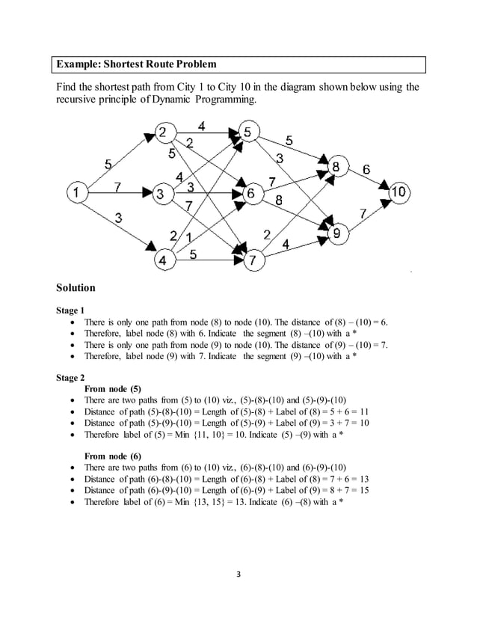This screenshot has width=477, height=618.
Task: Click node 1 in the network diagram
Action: [x=76, y=192]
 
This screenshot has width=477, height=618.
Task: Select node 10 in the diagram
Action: [x=399, y=192]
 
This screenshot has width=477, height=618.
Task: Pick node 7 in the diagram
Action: [x=254, y=260]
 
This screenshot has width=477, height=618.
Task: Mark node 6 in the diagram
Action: [x=252, y=193]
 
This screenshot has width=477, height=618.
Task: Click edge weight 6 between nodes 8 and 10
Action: [x=366, y=170]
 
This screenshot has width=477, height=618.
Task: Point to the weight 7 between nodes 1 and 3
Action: [x=117, y=186]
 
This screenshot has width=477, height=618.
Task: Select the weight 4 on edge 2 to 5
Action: [x=202, y=125]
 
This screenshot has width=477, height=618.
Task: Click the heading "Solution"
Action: [x=76, y=287]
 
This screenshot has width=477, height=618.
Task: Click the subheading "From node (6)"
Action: [x=113, y=456]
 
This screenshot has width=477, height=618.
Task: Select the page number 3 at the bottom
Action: [x=238, y=575]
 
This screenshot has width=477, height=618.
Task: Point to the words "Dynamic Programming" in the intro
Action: [x=198, y=100]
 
